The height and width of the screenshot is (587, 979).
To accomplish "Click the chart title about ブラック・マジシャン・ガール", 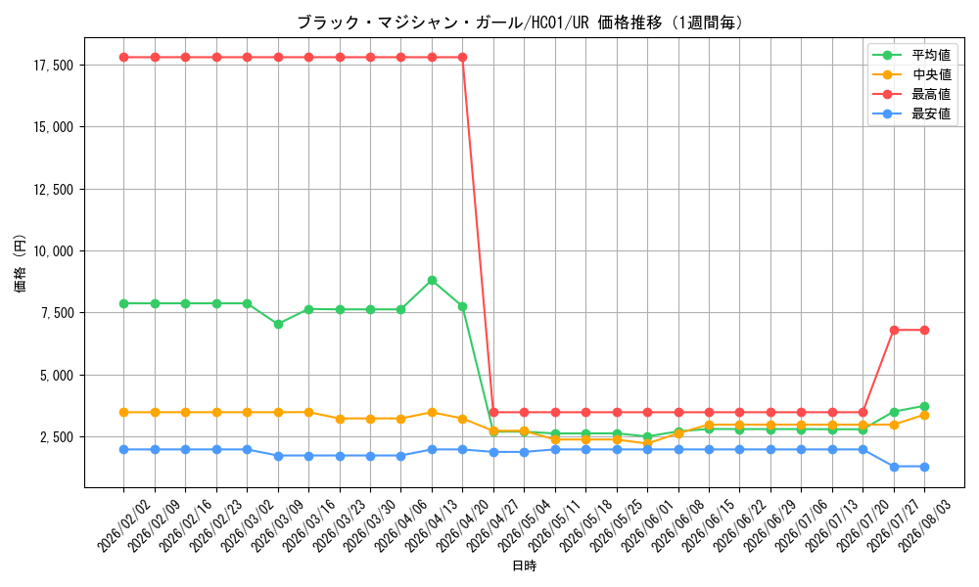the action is [521, 23].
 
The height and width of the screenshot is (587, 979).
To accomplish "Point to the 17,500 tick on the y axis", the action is [54, 66].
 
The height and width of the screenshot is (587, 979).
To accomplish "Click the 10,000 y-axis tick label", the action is [54, 251].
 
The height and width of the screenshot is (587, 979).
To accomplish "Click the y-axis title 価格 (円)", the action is [21, 263].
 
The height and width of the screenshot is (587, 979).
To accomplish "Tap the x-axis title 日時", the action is [525, 565].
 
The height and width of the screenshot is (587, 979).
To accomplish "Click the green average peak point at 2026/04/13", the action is [432, 281].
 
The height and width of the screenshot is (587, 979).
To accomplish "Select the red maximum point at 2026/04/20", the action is [463, 58].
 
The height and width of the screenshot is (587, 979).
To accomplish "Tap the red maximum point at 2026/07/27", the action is [894, 330].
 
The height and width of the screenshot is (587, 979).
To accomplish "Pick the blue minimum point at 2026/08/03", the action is [925, 468].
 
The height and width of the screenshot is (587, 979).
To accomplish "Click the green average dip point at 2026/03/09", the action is [278, 325].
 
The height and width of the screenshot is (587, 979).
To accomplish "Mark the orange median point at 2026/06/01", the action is [647, 443].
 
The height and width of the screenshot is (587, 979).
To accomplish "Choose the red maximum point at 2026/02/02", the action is [123, 58].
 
